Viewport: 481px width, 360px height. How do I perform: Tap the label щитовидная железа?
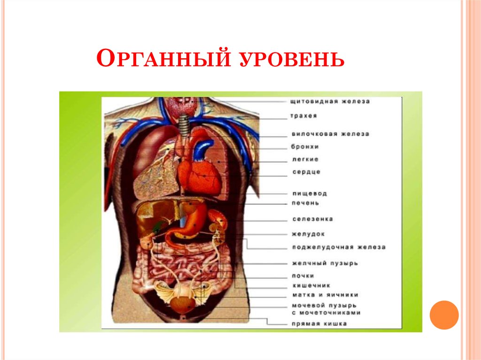(x=330, y=101)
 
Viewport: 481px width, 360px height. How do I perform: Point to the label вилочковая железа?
(x=330, y=134)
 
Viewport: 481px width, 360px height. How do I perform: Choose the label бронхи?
(x=305, y=147)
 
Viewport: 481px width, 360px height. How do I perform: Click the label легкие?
(x=305, y=160)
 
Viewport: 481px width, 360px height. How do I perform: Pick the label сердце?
(x=306, y=172)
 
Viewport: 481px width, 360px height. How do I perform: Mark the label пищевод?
(x=309, y=193)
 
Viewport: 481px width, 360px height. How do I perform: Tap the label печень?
(x=305, y=203)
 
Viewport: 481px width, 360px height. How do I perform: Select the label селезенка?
(x=312, y=219)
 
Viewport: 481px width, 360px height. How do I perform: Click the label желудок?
(x=308, y=233)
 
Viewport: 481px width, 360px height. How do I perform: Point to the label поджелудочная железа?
(x=338, y=247)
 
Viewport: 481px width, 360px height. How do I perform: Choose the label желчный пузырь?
(x=325, y=263)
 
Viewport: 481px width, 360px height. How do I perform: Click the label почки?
(x=303, y=276)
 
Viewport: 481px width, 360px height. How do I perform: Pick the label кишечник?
(x=310, y=285)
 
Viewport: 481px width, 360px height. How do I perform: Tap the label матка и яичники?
(x=325, y=295)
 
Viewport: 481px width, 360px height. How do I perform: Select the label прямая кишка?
(x=319, y=323)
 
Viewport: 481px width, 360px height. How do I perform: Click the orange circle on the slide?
(x=444, y=314)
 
